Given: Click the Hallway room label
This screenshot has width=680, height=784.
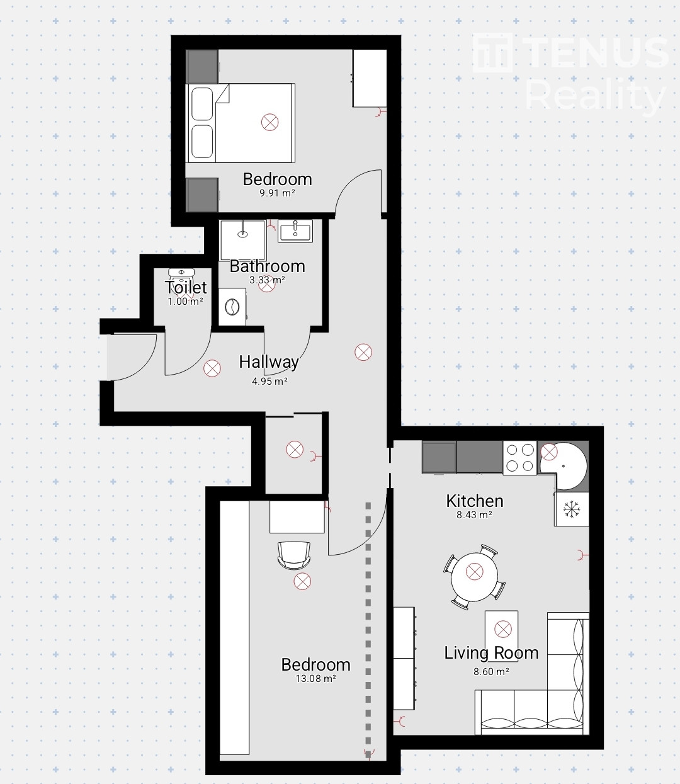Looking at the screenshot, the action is tap(269, 362).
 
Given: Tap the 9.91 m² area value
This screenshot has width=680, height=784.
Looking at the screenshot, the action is tap(277, 193).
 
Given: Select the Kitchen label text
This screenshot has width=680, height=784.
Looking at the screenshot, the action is tap(475, 501).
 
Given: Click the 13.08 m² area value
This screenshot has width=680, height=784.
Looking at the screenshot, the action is tap(315, 679).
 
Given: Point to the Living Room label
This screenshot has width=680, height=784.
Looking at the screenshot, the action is tap(491, 653).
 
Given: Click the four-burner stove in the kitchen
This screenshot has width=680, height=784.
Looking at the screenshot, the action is tap(520, 458).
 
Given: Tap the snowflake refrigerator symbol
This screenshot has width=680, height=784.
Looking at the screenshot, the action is tap(572, 509).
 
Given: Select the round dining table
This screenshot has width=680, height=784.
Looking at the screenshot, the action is tap(474, 577).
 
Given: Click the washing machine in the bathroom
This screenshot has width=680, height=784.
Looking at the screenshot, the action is tap(232, 307).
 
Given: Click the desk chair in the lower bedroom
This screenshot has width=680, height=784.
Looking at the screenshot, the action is tap(294, 555).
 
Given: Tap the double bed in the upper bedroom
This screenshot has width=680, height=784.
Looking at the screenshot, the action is tap(240, 123).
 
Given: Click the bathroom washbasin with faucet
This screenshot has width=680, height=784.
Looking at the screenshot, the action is tap(295, 231).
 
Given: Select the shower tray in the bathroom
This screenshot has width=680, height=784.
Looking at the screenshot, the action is tap(242, 241).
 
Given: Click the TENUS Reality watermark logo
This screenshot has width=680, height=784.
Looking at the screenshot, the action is tap(570, 73).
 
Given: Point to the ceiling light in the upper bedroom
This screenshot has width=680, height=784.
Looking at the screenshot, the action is tap(269, 122).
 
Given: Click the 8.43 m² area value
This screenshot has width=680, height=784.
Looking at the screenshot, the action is tap(474, 515).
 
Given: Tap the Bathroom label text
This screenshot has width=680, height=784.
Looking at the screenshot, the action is tap(268, 266).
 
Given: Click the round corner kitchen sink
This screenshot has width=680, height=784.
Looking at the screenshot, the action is tap(563, 466).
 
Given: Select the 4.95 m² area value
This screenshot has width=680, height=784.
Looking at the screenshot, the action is tap(269, 381).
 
